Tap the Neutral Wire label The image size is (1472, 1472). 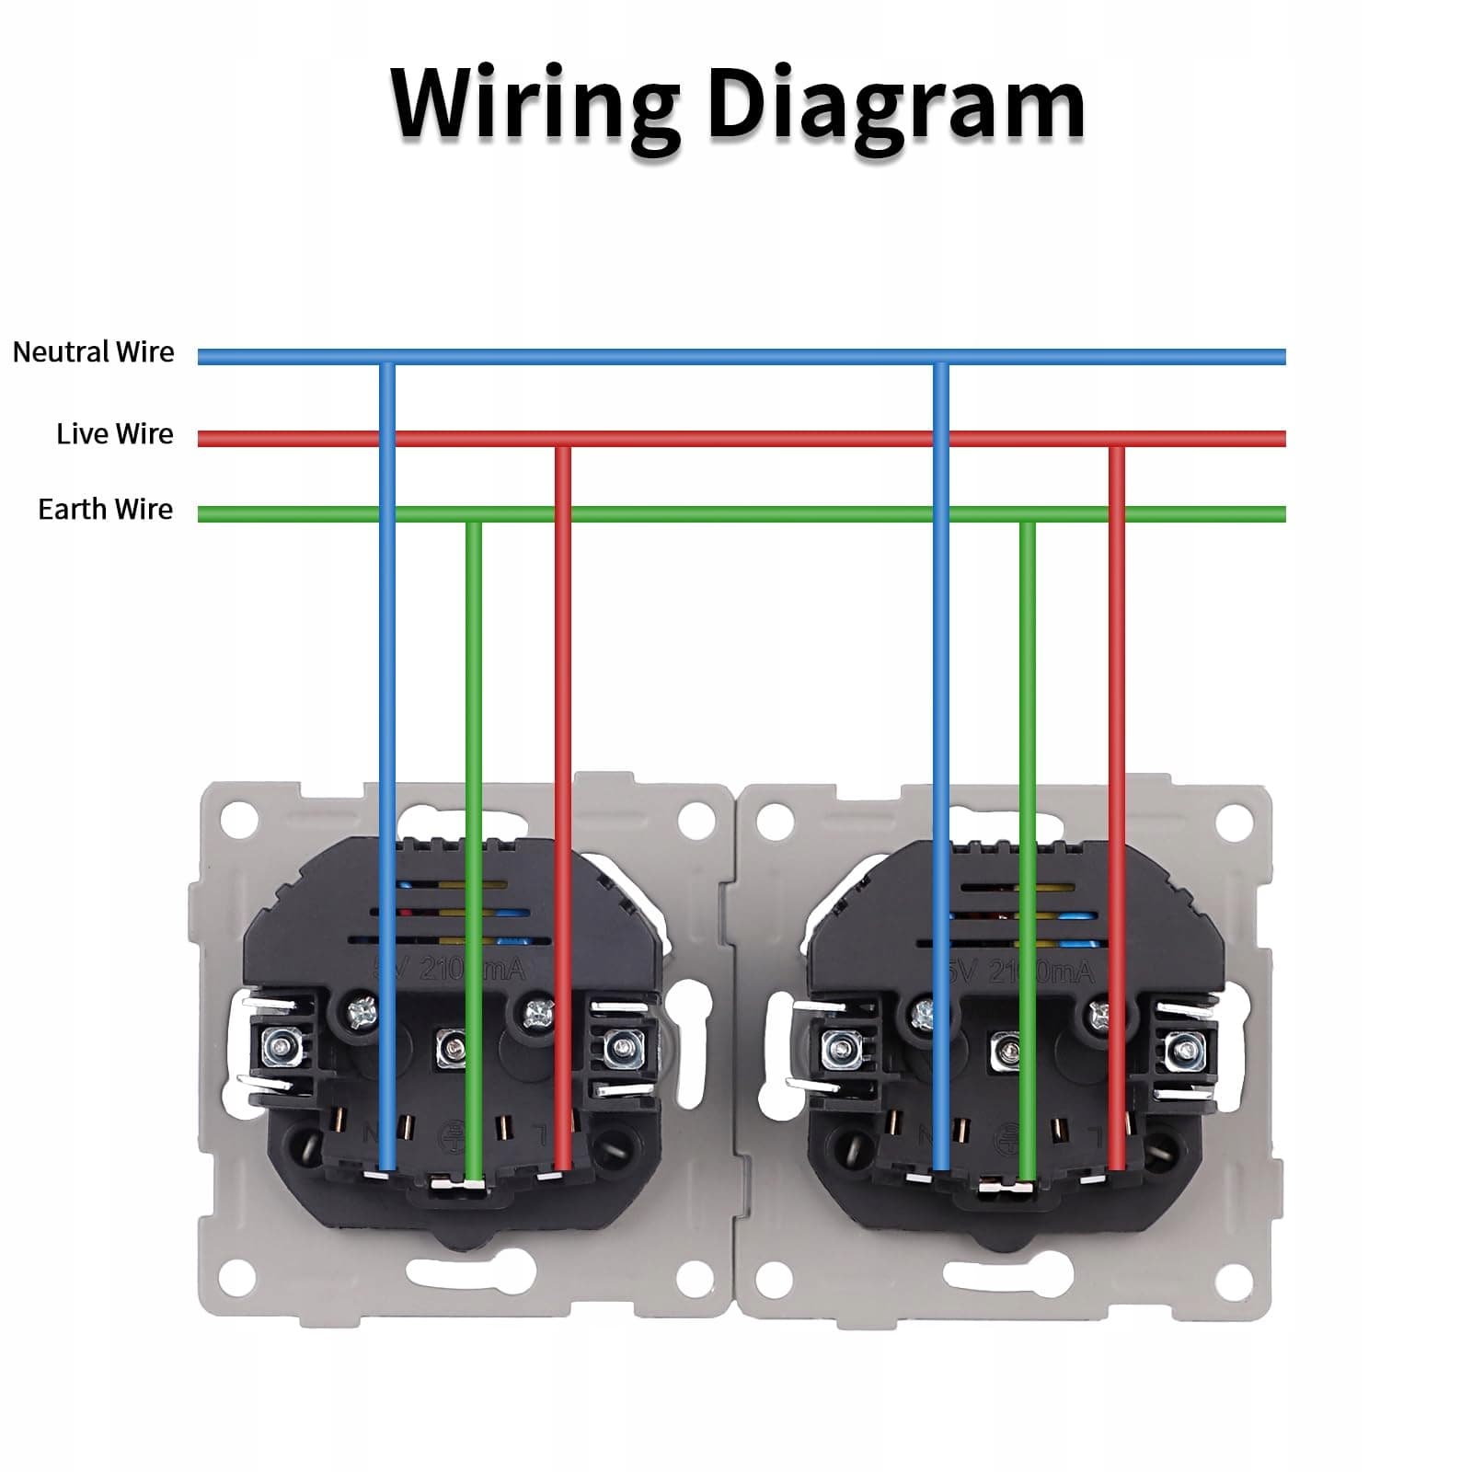click(93, 352)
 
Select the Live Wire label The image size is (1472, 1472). click(114, 433)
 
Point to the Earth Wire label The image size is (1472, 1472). click(105, 510)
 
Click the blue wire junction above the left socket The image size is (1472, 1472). click(387, 358)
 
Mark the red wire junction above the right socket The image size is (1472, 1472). click(1116, 439)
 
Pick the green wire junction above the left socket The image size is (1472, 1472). click(473, 514)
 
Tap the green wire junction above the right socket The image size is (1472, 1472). click(1028, 514)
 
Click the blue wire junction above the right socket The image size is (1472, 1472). click(940, 358)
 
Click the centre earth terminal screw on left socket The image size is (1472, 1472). click(451, 1047)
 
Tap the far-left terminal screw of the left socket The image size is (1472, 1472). click(277, 1045)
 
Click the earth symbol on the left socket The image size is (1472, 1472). click(453, 1133)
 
